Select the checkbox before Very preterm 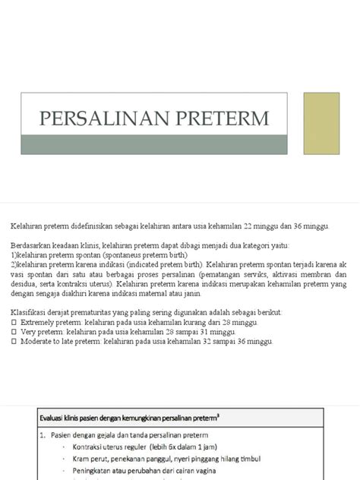[14, 332]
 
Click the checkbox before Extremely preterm [14, 322]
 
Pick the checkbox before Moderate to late [14, 341]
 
